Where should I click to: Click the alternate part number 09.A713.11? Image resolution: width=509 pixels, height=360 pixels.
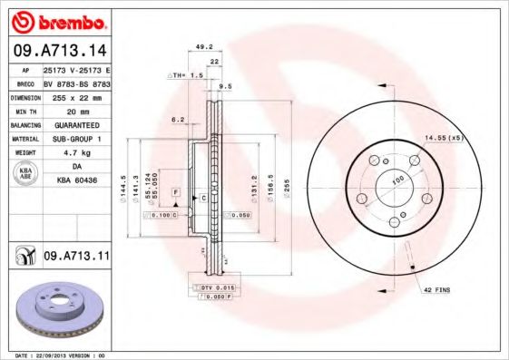75,258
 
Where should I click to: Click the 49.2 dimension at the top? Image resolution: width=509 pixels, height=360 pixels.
203,47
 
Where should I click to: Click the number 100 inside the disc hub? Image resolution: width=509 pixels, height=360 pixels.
396,180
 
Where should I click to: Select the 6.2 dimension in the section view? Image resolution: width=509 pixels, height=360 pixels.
178,120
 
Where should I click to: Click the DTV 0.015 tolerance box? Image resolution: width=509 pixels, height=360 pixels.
212,287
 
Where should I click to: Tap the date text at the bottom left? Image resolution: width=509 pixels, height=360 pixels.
56,355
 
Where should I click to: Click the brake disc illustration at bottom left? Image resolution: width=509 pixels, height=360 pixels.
56,309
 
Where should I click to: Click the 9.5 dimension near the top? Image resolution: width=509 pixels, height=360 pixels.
225,87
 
